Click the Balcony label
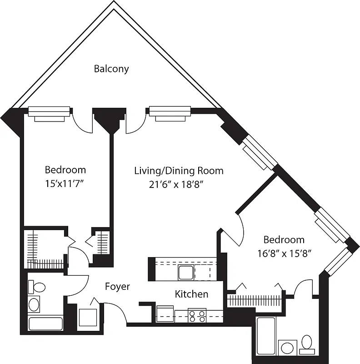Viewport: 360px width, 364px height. (111, 69)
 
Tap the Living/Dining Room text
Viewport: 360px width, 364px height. (179, 171)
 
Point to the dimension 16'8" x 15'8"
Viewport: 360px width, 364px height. (284, 253)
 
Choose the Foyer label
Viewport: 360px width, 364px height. (117, 287)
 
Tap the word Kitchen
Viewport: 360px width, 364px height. (191, 294)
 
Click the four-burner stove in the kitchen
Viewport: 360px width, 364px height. (197, 315)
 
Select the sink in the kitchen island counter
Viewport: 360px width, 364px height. (186, 272)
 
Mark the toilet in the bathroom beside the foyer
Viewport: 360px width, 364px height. (37, 288)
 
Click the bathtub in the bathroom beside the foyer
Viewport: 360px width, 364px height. (45, 324)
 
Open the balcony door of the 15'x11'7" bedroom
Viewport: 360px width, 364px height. (83, 122)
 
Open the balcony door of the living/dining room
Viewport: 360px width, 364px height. (135, 122)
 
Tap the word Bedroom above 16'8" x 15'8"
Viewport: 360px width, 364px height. (284, 239)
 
